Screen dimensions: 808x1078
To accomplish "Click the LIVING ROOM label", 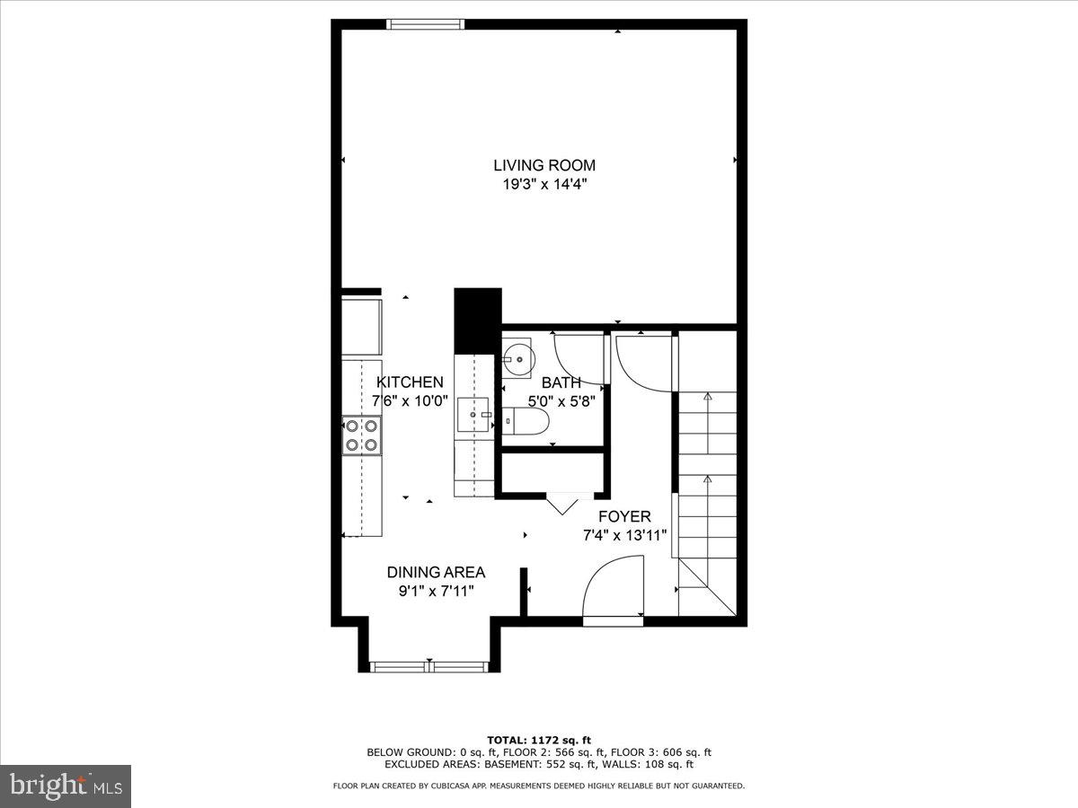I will (x=543, y=165).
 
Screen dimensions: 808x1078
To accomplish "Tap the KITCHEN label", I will (x=410, y=382).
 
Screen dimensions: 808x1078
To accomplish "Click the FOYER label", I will (x=623, y=517).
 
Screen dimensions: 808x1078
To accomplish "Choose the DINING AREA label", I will (x=436, y=572).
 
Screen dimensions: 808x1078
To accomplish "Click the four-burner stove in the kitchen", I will (x=361, y=435).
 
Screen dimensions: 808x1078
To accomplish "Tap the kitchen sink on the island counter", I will (x=475, y=416).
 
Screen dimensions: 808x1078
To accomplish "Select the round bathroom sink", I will (x=517, y=358).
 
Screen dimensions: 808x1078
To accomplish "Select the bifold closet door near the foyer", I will (x=563, y=502).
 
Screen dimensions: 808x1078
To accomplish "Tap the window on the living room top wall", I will (x=425, y=24).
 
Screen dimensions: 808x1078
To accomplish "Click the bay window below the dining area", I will (x=429, y=666).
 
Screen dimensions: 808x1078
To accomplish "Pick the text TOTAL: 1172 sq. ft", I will (x=538, y=741).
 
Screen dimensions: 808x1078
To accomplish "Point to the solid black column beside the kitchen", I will (x=477, y=321).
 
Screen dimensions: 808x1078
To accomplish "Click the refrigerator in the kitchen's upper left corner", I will (x=362, y=327).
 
